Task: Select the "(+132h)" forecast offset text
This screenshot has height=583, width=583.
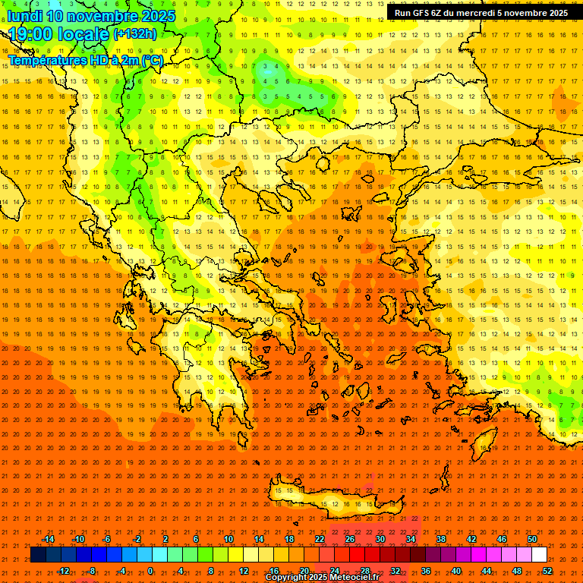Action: click(135, 34)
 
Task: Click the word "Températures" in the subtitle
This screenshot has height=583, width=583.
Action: click(46, 60)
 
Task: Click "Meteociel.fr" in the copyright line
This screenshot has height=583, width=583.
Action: click(351, 578)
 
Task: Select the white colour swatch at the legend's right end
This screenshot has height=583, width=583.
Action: click(539, 555)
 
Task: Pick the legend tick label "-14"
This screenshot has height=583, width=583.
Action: click(48, 539)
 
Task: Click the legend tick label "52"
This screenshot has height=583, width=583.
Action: click(547, 571)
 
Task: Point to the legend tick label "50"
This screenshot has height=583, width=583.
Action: click(532, 539)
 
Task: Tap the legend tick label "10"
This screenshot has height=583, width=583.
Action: click(228, 539)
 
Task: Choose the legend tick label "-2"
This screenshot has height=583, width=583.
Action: click(137, 539)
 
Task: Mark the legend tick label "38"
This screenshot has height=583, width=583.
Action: click(441, 539)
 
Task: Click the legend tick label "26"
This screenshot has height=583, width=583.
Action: click(350, 539)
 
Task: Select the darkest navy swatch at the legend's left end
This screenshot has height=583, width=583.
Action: click(38, 555)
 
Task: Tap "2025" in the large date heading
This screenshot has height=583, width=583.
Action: click(153, 16)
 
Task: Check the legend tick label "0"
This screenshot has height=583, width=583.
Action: click(150, 571)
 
